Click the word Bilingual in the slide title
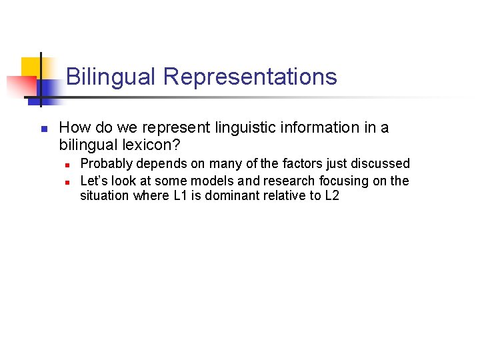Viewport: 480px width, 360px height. (x=111, y=77)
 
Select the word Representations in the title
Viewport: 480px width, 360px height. (x=250, y=77)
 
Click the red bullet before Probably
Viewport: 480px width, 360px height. (x=67, y=164)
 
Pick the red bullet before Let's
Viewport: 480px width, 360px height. (x=67, y=181)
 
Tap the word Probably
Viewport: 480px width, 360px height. (x=107, y=163)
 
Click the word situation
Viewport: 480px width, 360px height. (x=104, y=197)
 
